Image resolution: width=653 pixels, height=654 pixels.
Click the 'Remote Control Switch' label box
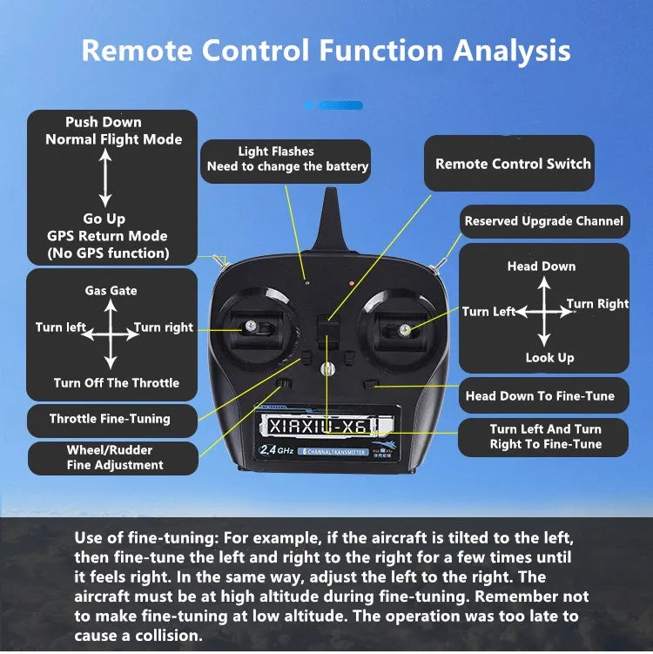(512, 164)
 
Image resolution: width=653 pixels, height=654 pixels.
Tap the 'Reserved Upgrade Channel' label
(543, 221)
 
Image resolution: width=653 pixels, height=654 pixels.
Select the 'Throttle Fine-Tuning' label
(110, 419)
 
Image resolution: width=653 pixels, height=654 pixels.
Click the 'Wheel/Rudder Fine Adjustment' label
(110, 457)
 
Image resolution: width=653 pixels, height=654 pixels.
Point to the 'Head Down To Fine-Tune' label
(540, 396)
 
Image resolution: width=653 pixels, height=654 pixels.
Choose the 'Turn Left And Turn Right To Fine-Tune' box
(545, 436)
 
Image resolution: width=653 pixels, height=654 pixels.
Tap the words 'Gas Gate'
(111, 291)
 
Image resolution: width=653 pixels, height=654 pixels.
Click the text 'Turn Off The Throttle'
(116, 383)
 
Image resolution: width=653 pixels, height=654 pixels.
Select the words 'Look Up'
(549, 358)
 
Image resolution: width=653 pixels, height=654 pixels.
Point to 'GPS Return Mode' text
(107, 236)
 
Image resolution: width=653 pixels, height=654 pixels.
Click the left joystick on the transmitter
(249, 326)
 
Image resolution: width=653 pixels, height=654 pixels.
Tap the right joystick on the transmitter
(405, 330)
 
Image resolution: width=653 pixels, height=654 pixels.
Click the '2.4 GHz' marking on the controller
(275, 449)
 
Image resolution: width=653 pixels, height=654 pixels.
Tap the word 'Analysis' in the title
(511, 50)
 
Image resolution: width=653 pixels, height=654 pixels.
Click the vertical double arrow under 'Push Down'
(104, 178)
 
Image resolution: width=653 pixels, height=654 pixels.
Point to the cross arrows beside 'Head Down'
(542, 311)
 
